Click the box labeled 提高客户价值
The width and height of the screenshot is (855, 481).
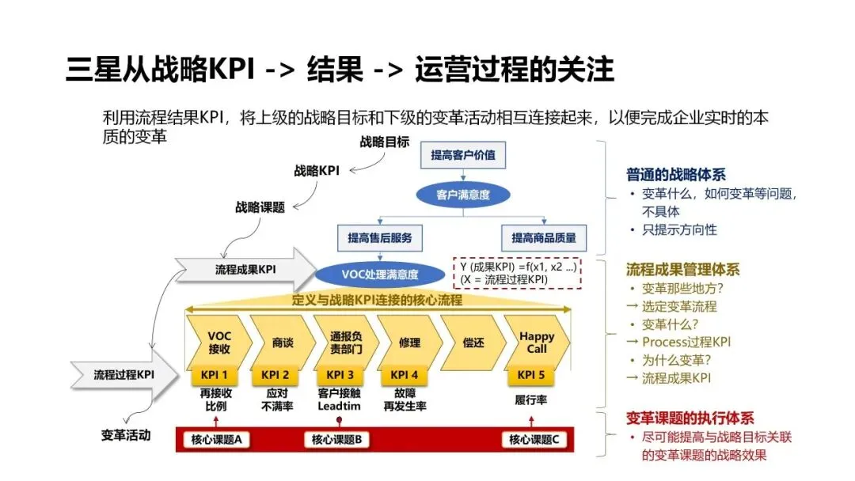coord(463,155)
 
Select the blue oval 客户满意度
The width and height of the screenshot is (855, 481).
coord(463,194)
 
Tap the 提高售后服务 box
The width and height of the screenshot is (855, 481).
coord(380,237)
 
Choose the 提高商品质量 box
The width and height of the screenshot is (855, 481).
coord(544,237)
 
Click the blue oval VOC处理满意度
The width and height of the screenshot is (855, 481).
coord(380,275)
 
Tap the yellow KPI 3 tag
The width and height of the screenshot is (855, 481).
coord(340,375)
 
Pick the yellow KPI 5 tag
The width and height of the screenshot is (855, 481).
coord(531,375)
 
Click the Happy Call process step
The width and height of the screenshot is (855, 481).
coord(536,342)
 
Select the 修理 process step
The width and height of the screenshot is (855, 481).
coord(408,343)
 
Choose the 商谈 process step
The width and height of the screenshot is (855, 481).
coord(282,343)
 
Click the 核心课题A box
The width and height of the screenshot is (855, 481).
coord(216,440)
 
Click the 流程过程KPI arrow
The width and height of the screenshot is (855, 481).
coord(125,374)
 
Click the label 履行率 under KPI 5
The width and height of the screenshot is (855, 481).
coord(531,400)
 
